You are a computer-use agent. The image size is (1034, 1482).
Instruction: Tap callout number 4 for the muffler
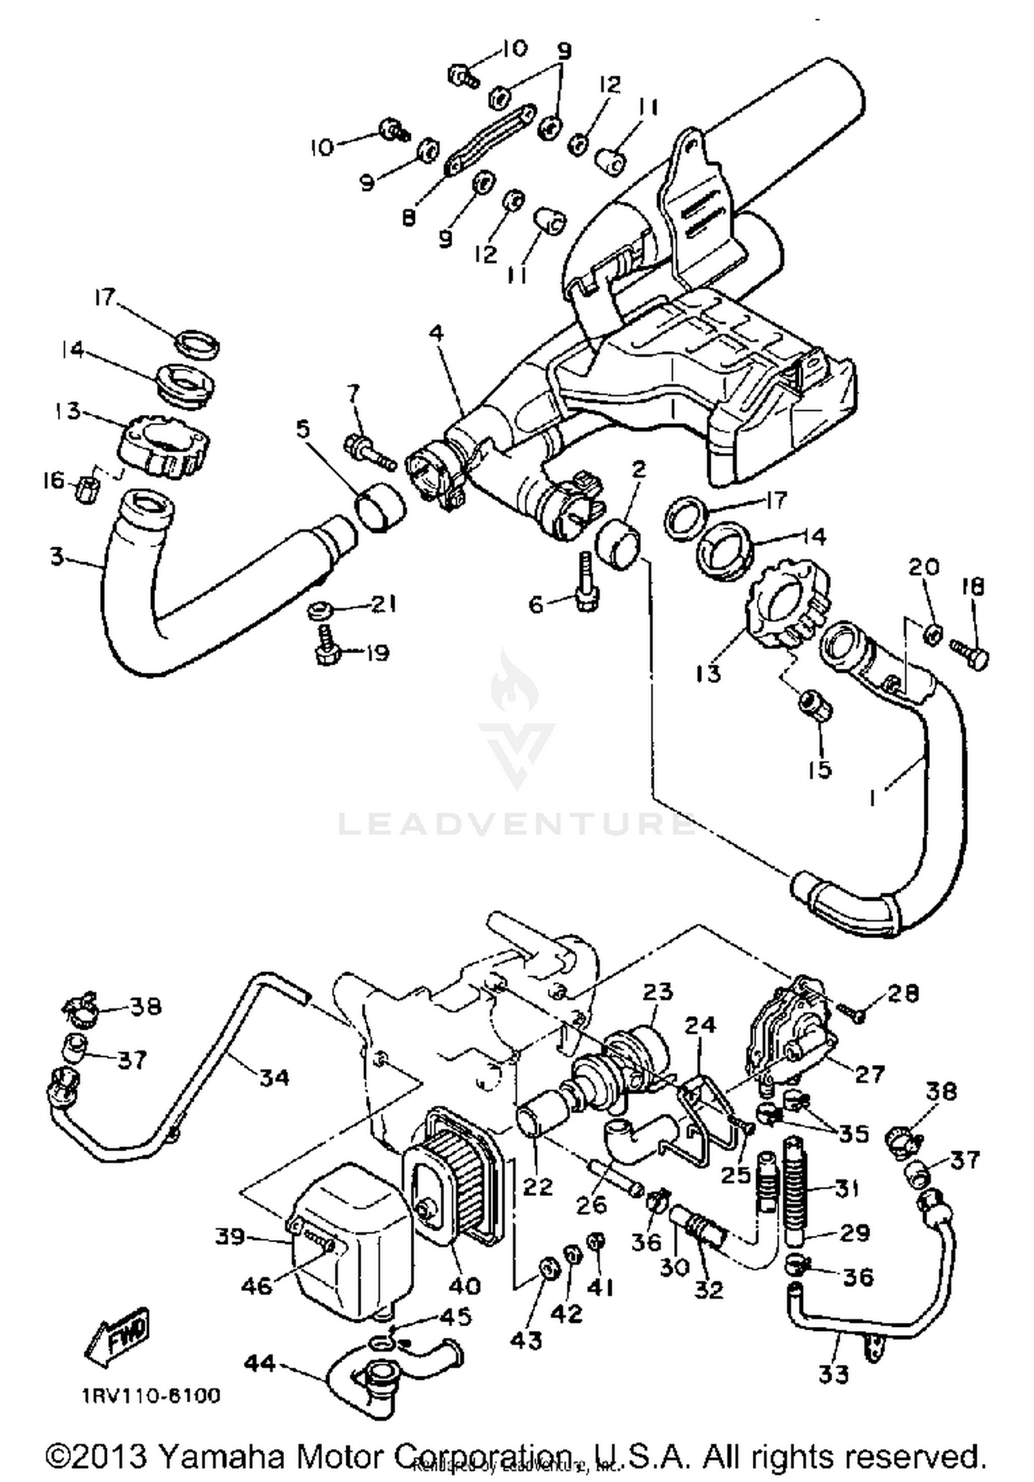[x=436, y=334]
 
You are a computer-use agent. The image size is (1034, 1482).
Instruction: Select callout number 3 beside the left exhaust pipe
[x=57, y=556]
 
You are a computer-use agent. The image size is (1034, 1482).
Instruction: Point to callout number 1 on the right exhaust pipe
[x=873, y=798]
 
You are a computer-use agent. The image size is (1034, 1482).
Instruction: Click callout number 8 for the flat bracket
[x=409, y=219]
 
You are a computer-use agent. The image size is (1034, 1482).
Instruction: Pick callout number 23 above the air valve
[x=657, y=992]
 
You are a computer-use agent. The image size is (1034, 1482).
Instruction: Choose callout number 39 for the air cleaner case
[x=230, y=1237]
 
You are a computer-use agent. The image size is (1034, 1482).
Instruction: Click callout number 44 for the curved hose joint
[x=260, y=1363]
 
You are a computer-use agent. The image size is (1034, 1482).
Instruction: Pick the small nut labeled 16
[x=88, y=489]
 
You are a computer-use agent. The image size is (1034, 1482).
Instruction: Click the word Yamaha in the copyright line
[x=221, y=1456]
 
